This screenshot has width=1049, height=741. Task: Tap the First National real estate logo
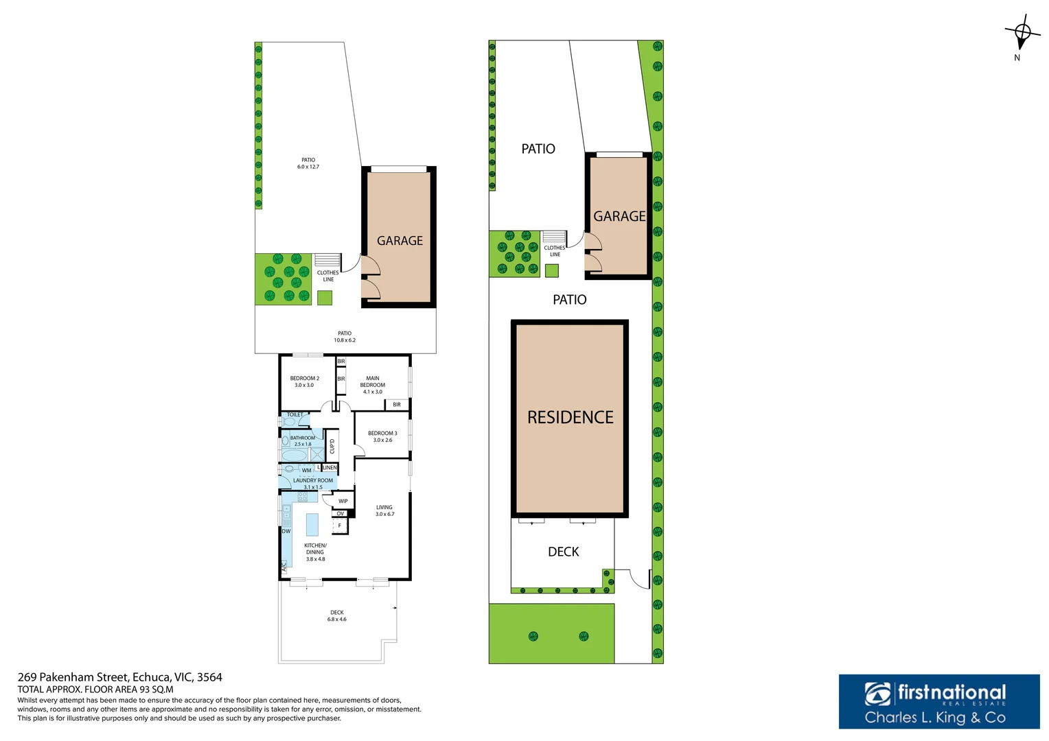(938, 701)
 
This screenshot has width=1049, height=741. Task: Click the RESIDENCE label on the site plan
(570, 417)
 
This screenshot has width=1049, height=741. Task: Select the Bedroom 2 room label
(304, 381)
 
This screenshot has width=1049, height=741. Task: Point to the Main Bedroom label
(373, 385)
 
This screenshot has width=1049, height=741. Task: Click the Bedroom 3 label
(382, 436)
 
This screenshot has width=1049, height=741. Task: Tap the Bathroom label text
(303, 440)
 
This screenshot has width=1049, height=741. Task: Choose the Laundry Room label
(313, 484)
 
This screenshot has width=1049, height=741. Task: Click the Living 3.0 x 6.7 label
(384, 510)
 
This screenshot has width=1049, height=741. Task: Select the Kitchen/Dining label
(315, 552)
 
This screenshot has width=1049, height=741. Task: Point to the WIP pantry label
(343, 501)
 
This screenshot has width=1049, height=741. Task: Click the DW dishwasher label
(286, 531)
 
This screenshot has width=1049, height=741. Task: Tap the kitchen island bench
(312, 524)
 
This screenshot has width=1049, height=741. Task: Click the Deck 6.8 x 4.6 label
(336, 615)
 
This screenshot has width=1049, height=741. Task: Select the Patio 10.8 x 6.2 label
(345, 336)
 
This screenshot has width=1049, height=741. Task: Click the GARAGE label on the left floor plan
(400, 241)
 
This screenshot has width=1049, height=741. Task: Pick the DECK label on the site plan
(563, 552)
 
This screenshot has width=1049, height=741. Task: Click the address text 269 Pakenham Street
(119, 677)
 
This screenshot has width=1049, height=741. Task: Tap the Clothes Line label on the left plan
(328, 276)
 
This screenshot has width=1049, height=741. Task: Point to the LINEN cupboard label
(330, 468)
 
